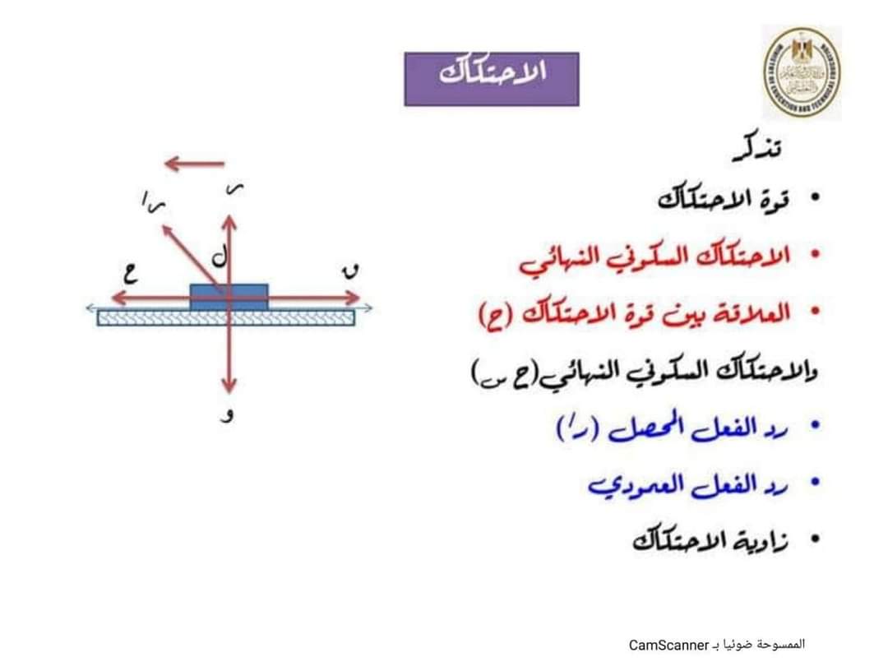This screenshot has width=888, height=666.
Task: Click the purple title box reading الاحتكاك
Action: coord(492,78)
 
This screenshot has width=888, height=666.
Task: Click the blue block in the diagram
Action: coord(229,297)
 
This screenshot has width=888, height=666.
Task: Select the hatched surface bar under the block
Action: coord(226,317)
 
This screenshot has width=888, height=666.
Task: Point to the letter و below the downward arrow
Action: coord(230,415)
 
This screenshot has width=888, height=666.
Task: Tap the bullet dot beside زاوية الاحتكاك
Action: coord(815,540)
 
